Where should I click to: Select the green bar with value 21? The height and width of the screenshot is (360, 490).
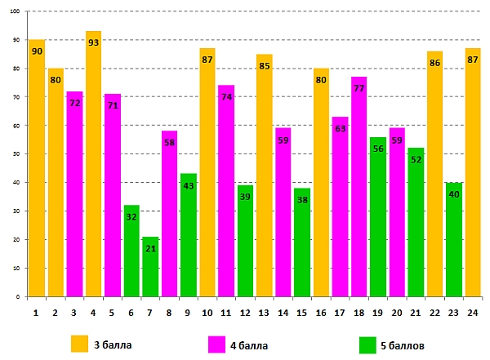(150, 266)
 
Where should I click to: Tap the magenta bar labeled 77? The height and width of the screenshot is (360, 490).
(359, 196)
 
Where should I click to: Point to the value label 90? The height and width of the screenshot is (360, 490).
(37, 51)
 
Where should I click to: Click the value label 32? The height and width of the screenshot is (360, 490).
(131, 217)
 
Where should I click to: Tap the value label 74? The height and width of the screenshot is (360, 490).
(226, 97)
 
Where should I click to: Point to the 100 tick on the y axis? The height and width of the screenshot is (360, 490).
(17, 11)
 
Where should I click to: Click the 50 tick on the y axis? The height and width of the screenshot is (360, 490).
(19, 154)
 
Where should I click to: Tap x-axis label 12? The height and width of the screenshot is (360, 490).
(245, 311)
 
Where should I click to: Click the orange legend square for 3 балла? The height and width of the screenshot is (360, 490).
(80, 343)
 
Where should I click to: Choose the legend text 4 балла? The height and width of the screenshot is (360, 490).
(249, 344)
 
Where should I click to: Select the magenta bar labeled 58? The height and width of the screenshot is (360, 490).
(169, 216)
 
